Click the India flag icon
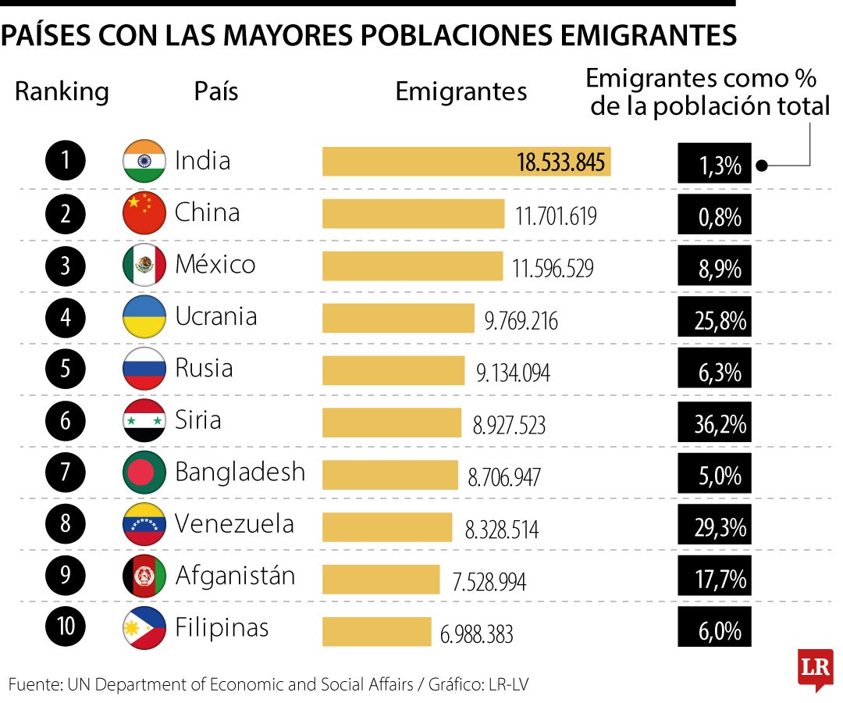(x=144, y=162)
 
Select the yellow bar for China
(x=414, y=214)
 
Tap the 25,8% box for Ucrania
(x=714, y=317)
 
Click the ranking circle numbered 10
(x=66, y=628)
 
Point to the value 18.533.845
(x=560, y=162)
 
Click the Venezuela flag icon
(x=144, y=524)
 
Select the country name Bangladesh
(x=240, y=472)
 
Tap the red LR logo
(x=814, y=669)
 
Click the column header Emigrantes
(x=461, y=92)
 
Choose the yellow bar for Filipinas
(x=377, y=631)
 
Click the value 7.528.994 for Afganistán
(x=489, y=582)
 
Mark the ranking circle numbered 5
(x=66, y=369)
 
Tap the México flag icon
(x=144, y=266)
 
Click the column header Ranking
(x=62, y=92)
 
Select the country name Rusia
(x=204, y=368)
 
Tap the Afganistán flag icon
(x=144, y=576)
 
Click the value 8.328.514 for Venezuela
(x=501, y=530)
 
